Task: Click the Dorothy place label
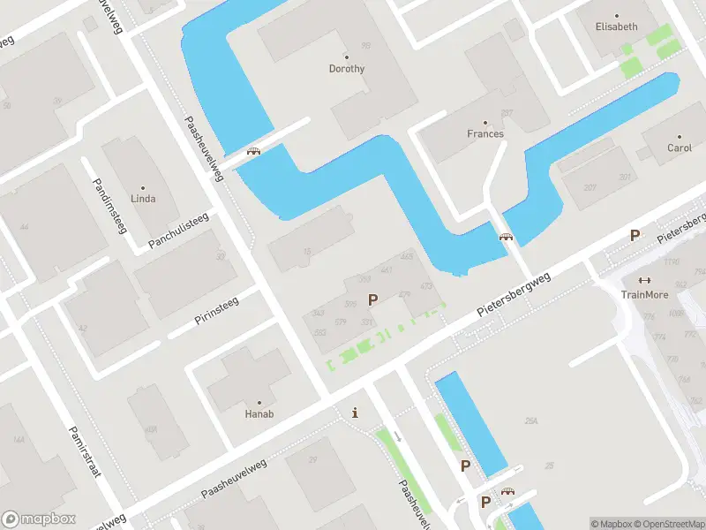(x=346, y=69)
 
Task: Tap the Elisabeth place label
(x=616, y=26)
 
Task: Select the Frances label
(x=485, y=134)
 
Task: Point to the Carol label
(x=680, y=148)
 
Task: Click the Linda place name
(x=143, y=199)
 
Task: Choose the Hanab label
(x=259, y=413)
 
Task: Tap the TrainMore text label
(x=644, y=295)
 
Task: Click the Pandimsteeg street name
(x=109, y=204)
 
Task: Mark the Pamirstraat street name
(x=84, y=450)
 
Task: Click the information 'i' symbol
(x=355, y=413)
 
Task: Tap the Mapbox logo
(x=38, y=519)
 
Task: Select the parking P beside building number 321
(x=372, y=300)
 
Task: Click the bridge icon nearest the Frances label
(x=506, y=237)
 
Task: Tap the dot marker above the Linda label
(x=143, y=187)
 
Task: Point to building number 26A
(x=531, y=422)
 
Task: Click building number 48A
(x=151, y=430)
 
